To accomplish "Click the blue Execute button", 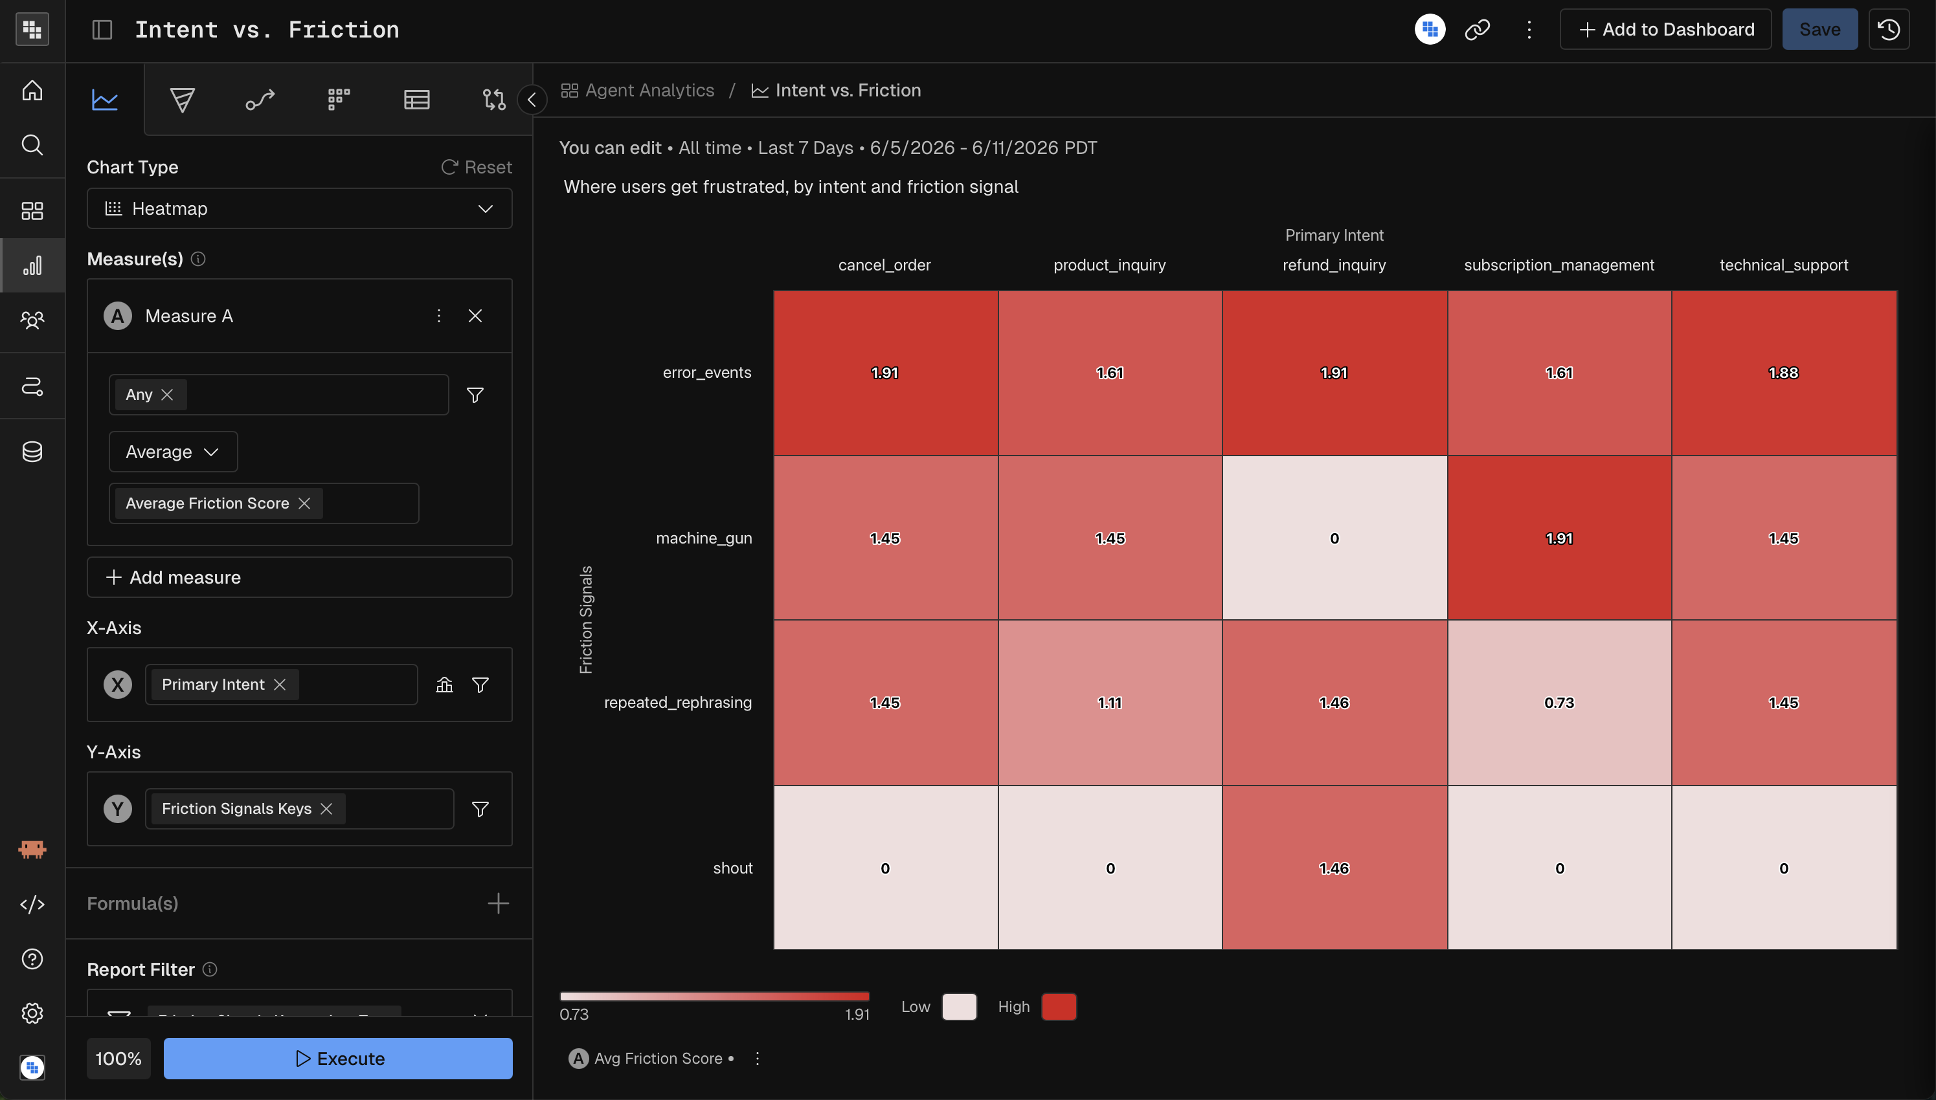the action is (338, 1059).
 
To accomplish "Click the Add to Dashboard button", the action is (1665, 30).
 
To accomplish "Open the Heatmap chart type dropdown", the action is (299, 208).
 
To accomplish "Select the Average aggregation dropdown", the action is (173, 452).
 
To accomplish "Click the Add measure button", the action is (299, 577).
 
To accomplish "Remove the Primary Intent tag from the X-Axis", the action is (280, 685).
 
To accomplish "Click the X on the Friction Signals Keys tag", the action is (326, 808).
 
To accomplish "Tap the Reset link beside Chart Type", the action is (477, 167).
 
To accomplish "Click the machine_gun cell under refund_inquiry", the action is (1334, 538).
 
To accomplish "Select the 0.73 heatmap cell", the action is (1559, 703).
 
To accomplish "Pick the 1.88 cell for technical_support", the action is (1784, 373).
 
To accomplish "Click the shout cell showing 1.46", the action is (1334, 868).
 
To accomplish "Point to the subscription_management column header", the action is (1559, 265).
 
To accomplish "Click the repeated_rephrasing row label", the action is (677, 703).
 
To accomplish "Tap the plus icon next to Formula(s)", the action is (498, 903).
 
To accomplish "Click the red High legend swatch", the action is (1059, 1007).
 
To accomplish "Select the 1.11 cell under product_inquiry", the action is (1110, 703).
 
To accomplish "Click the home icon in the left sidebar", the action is (32, 91).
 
